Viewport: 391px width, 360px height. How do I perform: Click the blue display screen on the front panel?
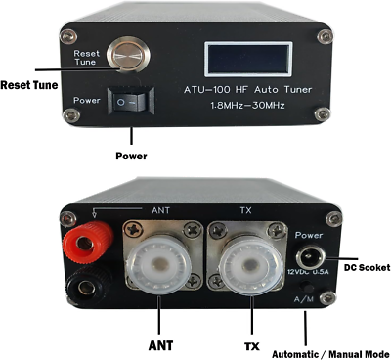pyautogui.click(x=247, y=58)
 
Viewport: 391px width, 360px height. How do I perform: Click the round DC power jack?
pyautogui.click(x=307, y=258)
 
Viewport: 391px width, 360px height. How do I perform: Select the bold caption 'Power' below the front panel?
pyautogui.click(x=131, y=156)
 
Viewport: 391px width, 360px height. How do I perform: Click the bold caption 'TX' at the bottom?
pyautogui.click(x=251, y=344)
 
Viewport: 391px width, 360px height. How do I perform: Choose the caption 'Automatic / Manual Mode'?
pyautogui.click(x=330, y=353)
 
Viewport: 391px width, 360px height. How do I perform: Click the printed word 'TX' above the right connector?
pyautogui.click(x=246, y=209)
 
